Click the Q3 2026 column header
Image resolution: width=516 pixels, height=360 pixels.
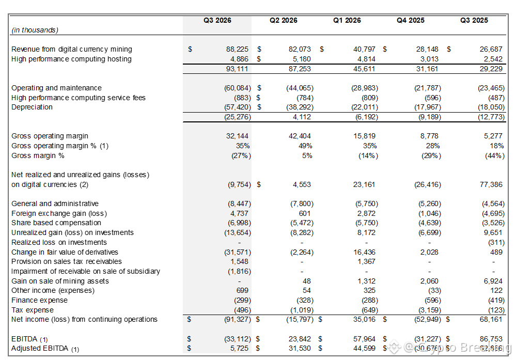click(217, 21)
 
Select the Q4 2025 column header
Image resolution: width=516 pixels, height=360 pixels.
click(411, 21)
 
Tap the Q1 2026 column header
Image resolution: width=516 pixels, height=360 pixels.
click(347, 21)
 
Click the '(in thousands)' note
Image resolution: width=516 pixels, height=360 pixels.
click(35, 30)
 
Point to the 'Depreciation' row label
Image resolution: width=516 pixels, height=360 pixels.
click(32, 107)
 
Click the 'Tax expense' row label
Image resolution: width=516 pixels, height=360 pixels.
click(33, 310)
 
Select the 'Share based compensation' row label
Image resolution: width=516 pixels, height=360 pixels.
click(56, 223)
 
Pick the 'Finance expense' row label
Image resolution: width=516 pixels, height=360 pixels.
click(39, 300)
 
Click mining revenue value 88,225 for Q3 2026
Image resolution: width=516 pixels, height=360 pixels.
click(238, 50)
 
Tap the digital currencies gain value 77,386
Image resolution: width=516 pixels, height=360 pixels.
click(491, 184)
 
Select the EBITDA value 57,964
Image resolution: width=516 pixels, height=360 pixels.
click(365, 339)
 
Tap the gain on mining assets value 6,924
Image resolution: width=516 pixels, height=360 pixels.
click(494, 281)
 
